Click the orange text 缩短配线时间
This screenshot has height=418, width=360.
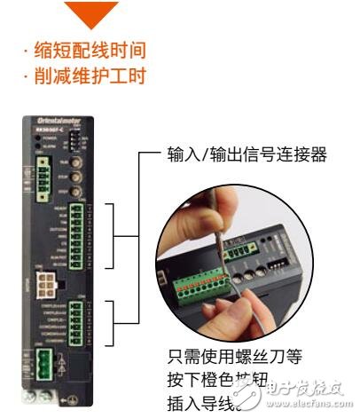[x=86, y=47]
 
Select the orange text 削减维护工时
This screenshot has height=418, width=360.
[x=86, y=76]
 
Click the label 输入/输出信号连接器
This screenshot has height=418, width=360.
[x=247, y=156]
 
